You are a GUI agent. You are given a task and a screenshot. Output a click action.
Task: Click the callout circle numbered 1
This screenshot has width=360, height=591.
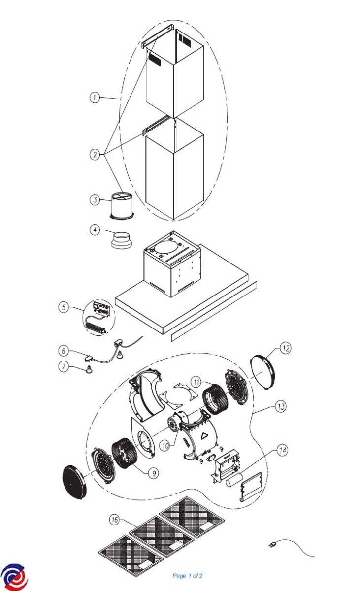(x=95, y=98)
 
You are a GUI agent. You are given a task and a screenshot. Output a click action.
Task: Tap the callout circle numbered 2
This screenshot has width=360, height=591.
(x=95, y=154)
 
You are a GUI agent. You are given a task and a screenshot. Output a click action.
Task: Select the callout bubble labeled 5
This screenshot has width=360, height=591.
(x=64, y=307)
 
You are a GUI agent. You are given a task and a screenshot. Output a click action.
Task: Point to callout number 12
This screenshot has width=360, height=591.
(x=286, y=348)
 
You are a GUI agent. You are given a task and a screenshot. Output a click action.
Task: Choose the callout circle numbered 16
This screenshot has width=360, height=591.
(x=114, y=520)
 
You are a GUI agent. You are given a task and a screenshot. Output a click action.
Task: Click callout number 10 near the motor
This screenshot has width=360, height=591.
(x=165, y=446)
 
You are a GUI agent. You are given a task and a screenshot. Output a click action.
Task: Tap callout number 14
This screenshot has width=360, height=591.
(x=282, y=450)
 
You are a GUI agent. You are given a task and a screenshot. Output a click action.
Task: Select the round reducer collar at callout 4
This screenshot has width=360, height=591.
(x=121, y=240)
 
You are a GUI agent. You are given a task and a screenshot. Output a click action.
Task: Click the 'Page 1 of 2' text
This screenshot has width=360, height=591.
(x=188, y=576)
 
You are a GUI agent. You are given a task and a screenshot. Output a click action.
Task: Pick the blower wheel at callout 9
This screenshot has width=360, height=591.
(x=125, y=454)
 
